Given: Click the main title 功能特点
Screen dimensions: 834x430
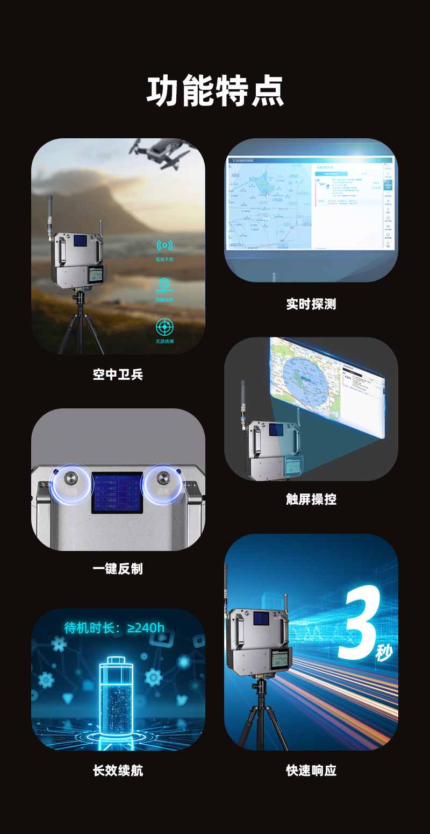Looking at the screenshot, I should tap(215, 91).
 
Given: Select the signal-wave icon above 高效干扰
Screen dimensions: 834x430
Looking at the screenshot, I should tap(164, 246).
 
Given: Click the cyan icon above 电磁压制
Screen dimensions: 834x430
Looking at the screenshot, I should tap(164, 285).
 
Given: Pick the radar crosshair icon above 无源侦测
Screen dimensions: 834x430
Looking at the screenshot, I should tap(164, 327).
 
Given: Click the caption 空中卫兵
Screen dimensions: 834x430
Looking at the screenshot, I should tap(118, 375).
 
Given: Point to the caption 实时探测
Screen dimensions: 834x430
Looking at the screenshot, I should tap(311, 304).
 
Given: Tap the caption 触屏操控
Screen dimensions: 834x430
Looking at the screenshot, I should tap(311, 499).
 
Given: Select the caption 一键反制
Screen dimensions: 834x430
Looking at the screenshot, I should tap(118, 569).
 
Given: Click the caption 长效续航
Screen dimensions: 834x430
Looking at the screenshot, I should tap(118, 771).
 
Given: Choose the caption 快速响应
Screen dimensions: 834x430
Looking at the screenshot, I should tap(311, 771).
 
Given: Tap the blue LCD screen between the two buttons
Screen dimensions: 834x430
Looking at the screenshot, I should tap(117, 492).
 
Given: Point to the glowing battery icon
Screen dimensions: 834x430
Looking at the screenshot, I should tap(116, 694).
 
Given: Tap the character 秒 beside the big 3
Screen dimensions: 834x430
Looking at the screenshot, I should tap(384, 653).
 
